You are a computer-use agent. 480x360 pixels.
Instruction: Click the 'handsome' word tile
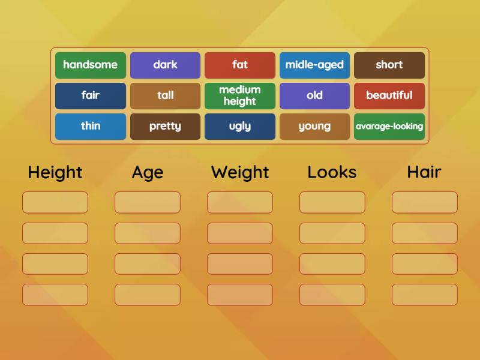point(91,65)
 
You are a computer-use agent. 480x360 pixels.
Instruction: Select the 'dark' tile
point(165,65)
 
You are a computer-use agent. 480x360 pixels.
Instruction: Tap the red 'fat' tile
point(240,65)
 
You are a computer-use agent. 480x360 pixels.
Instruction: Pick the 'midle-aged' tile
point(314,65)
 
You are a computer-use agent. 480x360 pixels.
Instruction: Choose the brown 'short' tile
point(389,65)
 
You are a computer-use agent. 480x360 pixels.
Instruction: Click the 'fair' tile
point(91,96)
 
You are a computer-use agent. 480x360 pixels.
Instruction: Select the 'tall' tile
point(165,96)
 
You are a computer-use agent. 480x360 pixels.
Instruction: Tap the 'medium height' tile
point(240,96)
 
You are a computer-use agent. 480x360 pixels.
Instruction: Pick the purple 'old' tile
point(314,96)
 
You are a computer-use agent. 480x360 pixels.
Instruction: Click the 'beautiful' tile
point(389,96)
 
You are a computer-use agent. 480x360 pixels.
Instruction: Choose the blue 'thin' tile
point(91,127)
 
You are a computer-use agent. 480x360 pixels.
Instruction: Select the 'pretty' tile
point(165,127)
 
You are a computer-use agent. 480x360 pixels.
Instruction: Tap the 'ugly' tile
point(240,127)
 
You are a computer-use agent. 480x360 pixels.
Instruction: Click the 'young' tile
point(314,127)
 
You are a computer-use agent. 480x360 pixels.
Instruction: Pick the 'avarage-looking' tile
point(389,127)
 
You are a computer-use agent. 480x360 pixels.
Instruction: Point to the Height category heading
point(55,173)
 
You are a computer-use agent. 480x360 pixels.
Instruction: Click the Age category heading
point(148,173)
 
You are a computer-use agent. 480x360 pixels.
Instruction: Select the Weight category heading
point(240,173)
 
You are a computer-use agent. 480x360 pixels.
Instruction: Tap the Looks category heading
point(332,173)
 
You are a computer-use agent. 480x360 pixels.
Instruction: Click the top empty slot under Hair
point(425,202)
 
